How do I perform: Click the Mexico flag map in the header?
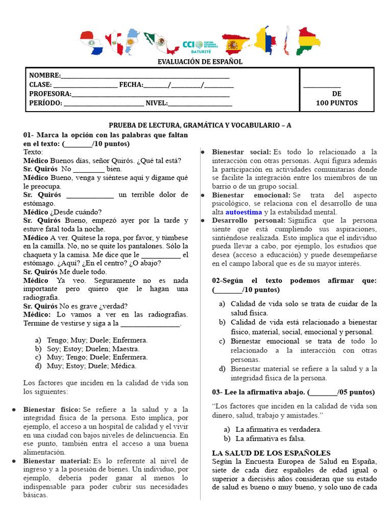pyautogui.click(x=159, y=43)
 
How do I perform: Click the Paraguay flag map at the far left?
pyautogui.click(x=92, y=43)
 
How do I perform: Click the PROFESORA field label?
pyautogui.click(x=50, y=94)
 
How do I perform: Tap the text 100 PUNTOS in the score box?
pyautogui.click(x=336, y=103)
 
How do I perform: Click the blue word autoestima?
pyautogui.click(x=243, y=212)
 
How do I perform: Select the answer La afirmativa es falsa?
pyautogui.click(x=270, y=438)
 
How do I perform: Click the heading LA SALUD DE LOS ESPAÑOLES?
pyautogui.click(x=271, y=453)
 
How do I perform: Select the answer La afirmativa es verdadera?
pyautogui.click(x=278, y=429)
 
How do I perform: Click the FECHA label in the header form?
pyautogui.click(x=131, y=85)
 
